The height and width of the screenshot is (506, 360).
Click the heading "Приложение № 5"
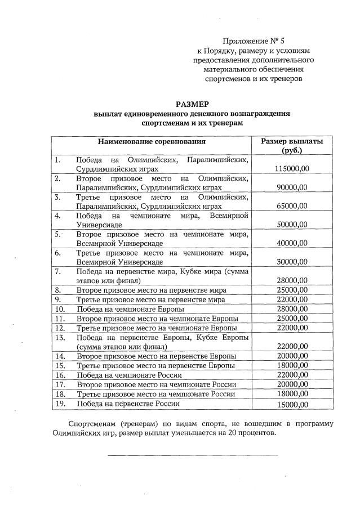pos(254,41)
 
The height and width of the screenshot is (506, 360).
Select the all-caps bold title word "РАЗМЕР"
pos(192,104)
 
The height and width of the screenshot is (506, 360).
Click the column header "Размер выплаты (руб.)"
pos(291,146)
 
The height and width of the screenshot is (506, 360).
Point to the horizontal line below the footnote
pos(193,454)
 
